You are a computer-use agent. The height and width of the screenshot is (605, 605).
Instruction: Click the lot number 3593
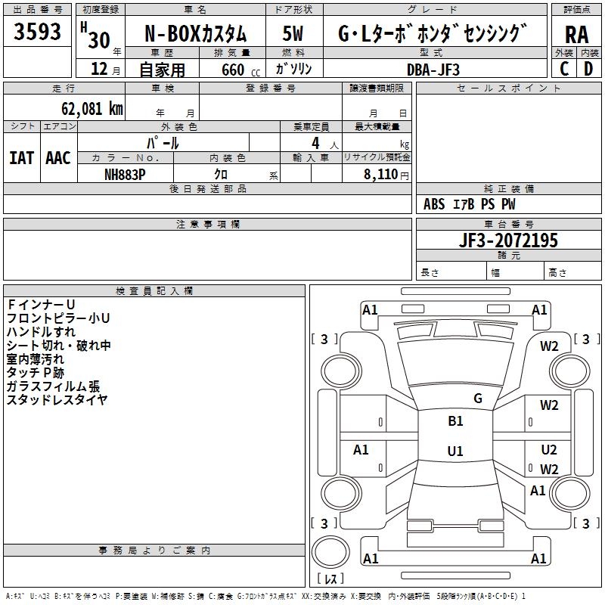(x=37, y=31)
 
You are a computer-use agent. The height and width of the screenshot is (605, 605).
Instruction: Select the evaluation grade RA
(x=576, y=35)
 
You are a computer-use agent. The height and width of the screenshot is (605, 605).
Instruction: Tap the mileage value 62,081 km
(x=92, y=109)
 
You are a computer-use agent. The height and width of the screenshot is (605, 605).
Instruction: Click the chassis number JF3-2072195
(x=508, y=240)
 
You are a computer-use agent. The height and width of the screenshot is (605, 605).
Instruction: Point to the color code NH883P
(x=125, y=175)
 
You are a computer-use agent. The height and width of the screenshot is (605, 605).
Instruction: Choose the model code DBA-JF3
(x=433, y=70)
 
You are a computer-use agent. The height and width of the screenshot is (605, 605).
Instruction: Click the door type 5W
(x=293, y=33)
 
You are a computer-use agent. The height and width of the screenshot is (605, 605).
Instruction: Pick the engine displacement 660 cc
(x=240, y=70)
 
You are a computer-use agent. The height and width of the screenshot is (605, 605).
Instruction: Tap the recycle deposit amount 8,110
(x=380, y=175)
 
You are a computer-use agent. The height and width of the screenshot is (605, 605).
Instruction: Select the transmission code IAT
(x=21, y=158)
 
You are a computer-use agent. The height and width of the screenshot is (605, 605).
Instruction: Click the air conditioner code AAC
(x=58, y=158)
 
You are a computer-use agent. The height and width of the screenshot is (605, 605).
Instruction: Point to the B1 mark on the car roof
(x=455, y=421)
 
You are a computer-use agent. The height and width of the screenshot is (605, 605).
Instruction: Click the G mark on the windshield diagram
(x=478, y=399)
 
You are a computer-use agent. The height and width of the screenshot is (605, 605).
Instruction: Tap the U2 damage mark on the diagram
(x=549, y=450)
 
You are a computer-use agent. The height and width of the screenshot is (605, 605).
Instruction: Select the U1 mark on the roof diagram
(x=455, y=451)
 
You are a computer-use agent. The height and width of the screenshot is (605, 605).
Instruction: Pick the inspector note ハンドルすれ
(x=41, y=332)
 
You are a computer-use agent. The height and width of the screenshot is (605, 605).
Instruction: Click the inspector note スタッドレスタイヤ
(x=57, y=400)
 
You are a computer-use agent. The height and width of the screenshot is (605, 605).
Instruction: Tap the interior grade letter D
(x=588, y=69)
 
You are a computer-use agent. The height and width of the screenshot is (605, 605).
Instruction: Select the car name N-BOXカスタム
(x=195, y=34)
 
